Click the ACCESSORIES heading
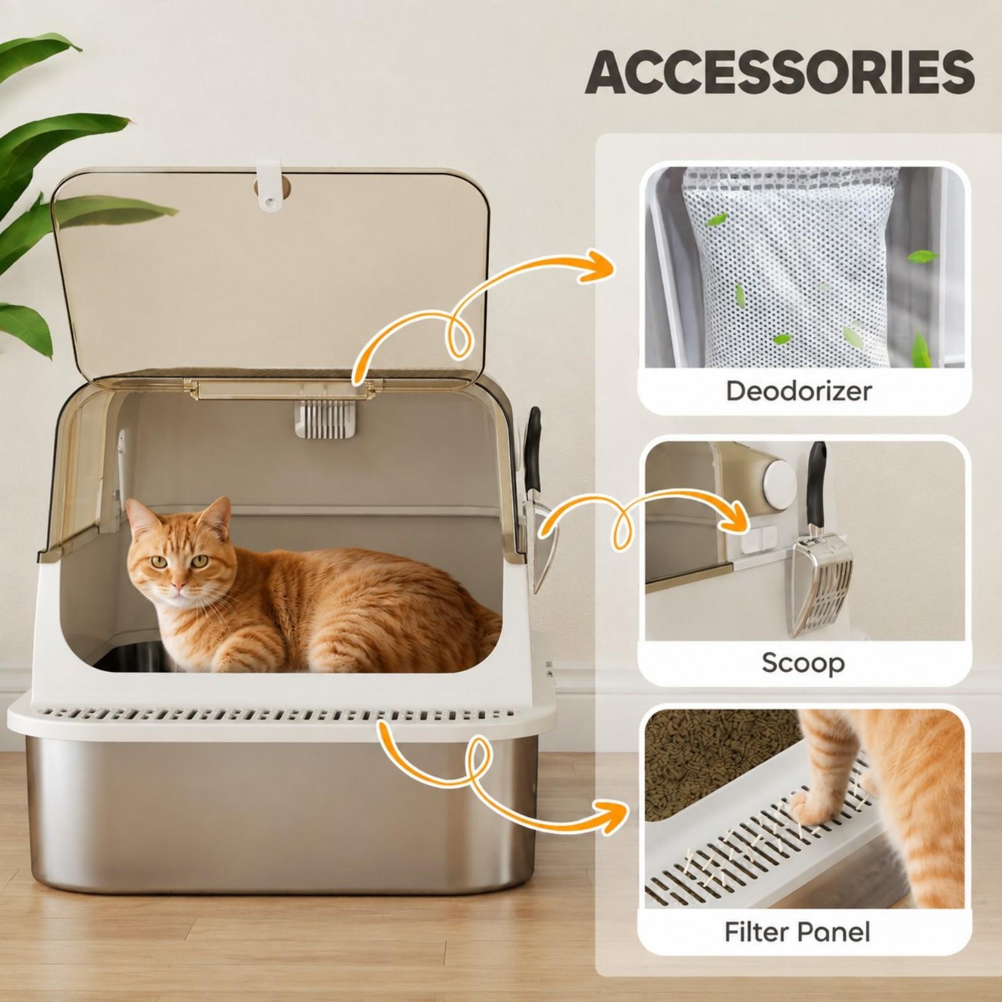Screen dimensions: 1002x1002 click(779, 73)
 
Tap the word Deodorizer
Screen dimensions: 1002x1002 click(798, 391)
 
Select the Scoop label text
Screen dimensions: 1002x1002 click(803, 663)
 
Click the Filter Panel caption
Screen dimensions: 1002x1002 click(797, 932)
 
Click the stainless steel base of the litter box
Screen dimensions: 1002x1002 click(276, 808)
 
